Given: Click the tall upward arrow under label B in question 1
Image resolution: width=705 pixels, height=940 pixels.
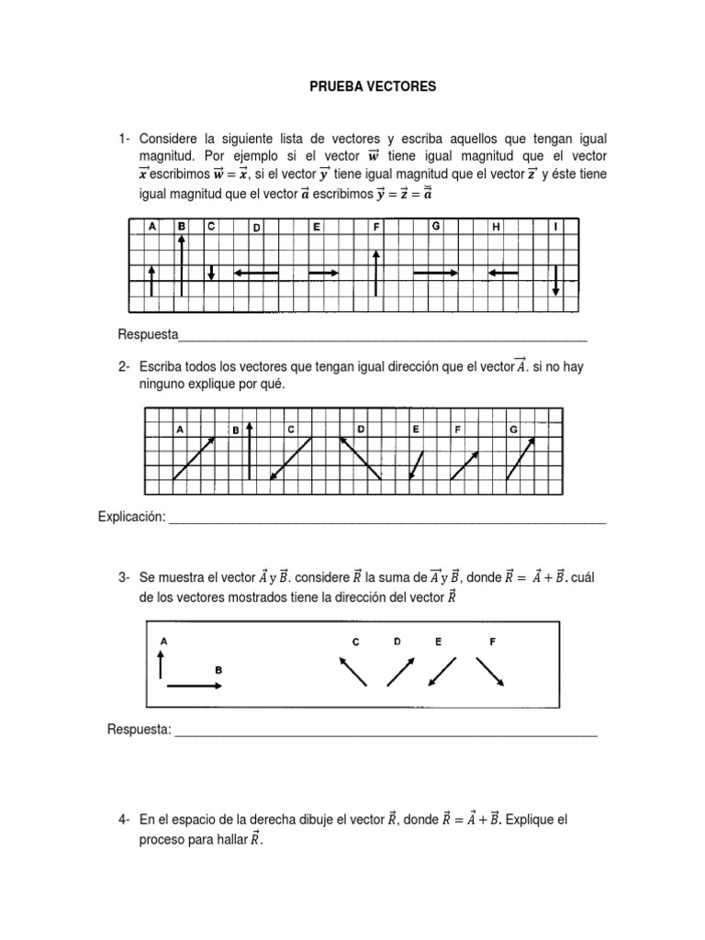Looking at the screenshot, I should [182, 265].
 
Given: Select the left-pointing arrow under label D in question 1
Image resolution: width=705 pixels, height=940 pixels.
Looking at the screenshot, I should [256, 273].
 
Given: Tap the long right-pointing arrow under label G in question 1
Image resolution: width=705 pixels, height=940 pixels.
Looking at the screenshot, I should [436, 273].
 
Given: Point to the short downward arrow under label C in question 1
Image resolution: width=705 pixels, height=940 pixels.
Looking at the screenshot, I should [211, 273].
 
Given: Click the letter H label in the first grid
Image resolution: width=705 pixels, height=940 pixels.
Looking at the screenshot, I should [496, 227].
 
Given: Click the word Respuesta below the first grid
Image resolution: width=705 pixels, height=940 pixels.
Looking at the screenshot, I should [148, 332].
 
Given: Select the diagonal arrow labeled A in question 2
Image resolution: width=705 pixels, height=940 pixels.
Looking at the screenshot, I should [195, 457].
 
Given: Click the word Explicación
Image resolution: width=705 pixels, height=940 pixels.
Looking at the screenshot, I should [131, 518].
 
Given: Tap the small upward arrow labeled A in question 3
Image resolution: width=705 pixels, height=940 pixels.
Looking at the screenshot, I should [162, 663].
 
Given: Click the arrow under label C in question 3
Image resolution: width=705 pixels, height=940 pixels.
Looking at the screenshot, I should [353, 671].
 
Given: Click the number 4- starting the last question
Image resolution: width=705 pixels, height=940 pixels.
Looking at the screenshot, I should [125, 820].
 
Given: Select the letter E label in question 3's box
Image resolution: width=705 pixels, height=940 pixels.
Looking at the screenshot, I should [438, 643].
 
